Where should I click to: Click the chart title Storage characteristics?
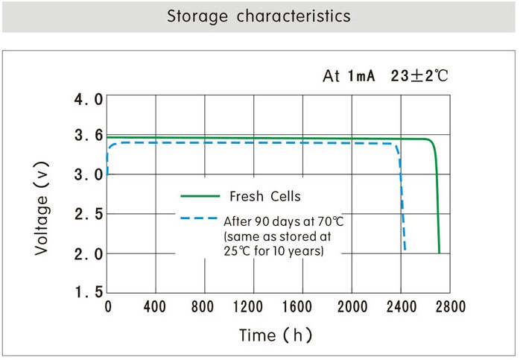point(259,16)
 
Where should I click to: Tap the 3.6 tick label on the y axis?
point(88,136)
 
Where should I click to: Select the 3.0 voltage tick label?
point(88,175)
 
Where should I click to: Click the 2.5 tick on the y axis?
point(88,215)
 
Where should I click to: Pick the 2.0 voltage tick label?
point(88,254)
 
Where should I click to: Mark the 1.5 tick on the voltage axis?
point(88,293)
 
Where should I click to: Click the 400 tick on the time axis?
point(154,307)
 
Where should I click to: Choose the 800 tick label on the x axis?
point(203,307)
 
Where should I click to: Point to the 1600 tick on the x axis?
point(302,307)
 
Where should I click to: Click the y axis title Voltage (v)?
point(42,214)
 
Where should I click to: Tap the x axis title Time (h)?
point(275,335)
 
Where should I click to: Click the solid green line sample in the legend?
point(200,197)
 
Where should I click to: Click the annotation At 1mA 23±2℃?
point(385,76)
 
